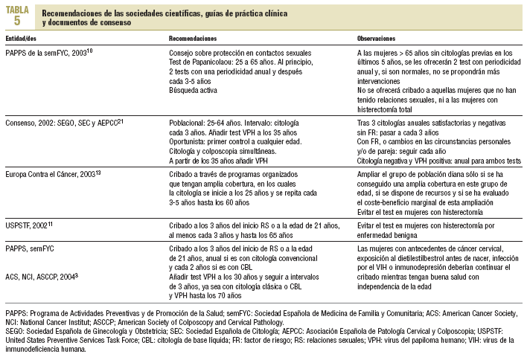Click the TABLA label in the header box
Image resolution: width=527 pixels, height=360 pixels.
(18, 9)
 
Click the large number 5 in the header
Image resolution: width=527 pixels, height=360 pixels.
(17, 20)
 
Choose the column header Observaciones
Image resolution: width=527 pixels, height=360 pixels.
(376, 37)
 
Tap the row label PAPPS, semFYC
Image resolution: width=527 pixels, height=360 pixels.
(31, 248)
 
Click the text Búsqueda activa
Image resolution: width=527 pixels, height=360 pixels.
(191, 90)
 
